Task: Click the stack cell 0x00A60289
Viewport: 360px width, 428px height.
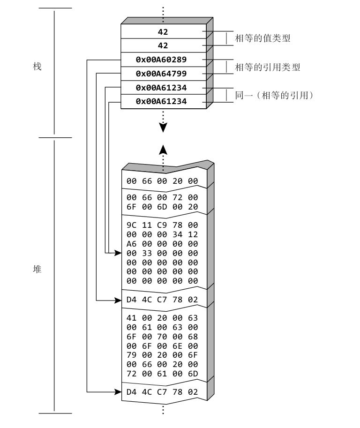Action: coord(163,60)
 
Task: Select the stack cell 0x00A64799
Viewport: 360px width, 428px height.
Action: coord(163,74)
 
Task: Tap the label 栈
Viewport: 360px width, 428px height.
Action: coord(37,67)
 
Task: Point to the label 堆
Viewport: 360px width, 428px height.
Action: coord(37,270)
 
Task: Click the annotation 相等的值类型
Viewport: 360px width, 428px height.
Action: coord(262,38)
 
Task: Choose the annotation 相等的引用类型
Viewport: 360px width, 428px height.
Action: coord(267,68)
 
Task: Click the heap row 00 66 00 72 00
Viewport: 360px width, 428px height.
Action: coord(162,198)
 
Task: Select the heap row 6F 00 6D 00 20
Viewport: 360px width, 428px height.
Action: coord(162,207)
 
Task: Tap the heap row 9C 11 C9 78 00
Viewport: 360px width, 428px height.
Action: coord(162,225)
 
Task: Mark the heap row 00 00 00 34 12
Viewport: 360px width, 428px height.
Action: coord(162,234)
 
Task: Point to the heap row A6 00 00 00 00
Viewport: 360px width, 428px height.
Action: coord(162,244)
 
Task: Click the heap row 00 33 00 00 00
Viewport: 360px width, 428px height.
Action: coord(162,253)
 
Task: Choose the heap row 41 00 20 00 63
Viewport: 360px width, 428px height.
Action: coord(162,318)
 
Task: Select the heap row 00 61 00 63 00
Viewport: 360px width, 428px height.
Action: coord(162,327)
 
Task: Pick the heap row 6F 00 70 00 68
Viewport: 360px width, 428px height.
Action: coord(162,336)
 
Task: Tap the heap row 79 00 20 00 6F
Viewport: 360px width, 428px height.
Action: coord(162,355)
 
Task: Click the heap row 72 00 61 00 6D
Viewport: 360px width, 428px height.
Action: coord(162,373)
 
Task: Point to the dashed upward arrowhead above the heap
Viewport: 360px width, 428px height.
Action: coord(163,150)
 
